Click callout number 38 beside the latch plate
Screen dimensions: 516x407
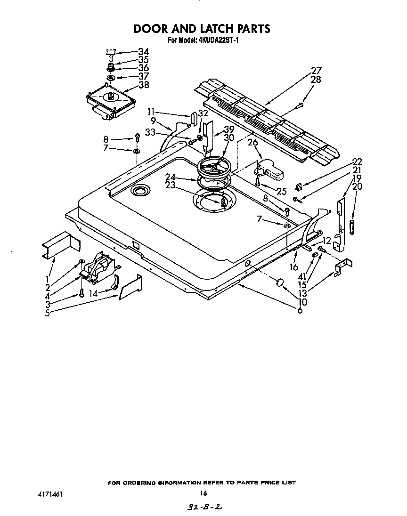tap(143, 85)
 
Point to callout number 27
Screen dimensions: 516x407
tap(316, 71)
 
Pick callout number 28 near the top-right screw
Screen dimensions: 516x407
tap(316, 80)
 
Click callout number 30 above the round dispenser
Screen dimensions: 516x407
tap(229, 137)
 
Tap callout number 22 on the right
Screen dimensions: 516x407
tap(357, 161)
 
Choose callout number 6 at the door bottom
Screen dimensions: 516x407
tap(300, 310)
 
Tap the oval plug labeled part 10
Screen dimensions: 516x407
tap(280, 282)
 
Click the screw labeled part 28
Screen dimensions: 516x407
tap(299, 107)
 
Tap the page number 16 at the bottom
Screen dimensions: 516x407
tap(203, 493)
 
